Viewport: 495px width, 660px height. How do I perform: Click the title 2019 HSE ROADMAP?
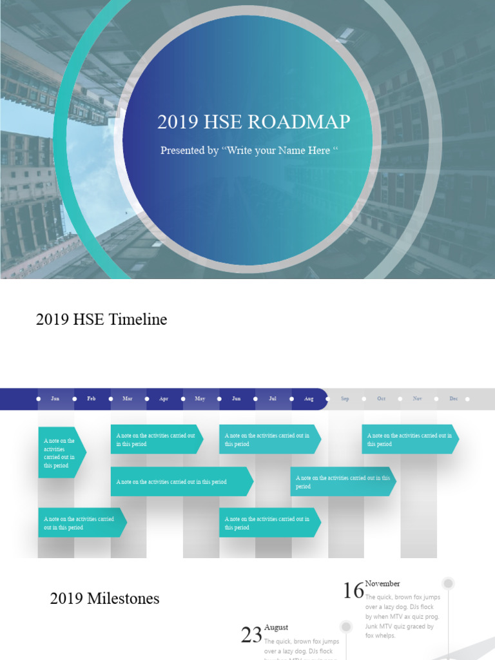(253, 122)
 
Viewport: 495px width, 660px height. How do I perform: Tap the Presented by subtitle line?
(249, 151)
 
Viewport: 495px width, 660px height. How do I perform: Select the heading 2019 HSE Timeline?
(101, 319)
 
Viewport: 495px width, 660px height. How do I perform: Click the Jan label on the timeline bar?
(55, 399)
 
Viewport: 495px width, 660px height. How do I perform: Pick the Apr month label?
(164, 399)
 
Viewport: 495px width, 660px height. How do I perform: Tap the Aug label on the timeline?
(309, 399)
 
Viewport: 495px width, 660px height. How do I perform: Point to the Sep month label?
(345, 399)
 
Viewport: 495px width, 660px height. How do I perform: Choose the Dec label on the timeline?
(454, 399)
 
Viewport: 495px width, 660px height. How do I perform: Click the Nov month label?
(418, 399)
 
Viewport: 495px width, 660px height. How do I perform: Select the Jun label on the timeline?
(237, 399)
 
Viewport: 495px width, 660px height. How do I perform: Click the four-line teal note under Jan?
(60, 452)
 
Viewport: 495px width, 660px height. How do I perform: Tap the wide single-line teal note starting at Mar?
(180, 481)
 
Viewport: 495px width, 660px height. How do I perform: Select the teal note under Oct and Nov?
(410, 440)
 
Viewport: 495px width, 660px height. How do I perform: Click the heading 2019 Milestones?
(104, 599)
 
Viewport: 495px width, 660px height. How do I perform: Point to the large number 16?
(353, 590)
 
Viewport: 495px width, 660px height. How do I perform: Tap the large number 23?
(251, 635)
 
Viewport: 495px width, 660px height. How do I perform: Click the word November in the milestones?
(382, 583)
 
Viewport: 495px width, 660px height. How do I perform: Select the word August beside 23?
(276, 627)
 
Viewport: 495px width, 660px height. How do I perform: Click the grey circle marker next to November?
(449, 583)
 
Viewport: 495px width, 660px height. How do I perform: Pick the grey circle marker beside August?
(346, 626)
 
